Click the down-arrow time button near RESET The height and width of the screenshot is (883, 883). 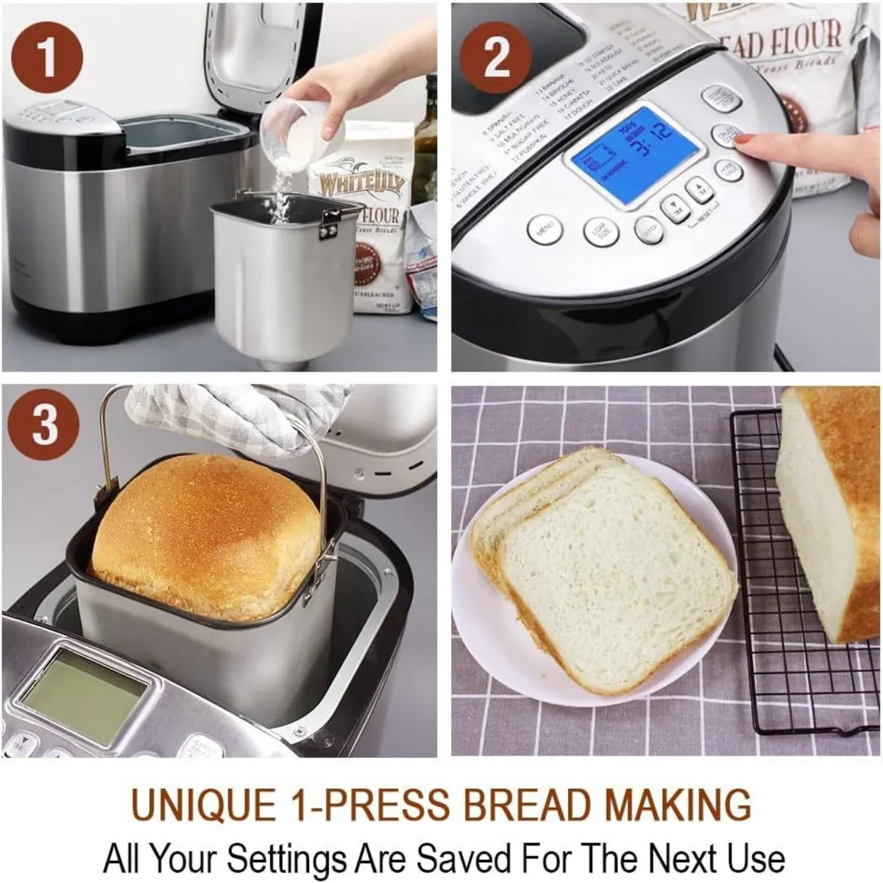[x=674, y=208]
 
